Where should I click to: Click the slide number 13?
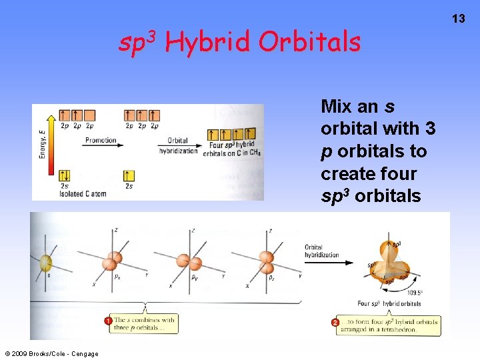click(x=459, y=19)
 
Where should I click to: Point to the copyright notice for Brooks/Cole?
click(x=51, y=353)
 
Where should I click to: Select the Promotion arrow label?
click(x=100, y=141)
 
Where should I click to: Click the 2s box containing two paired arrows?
click(x=65, y=175)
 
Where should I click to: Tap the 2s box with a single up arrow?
click(x=128, y=175)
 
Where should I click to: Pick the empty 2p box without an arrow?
click(x=91, y=115)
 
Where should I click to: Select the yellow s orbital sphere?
click(x=45, y=263)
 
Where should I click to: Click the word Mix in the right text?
click(x=336, y=106)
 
